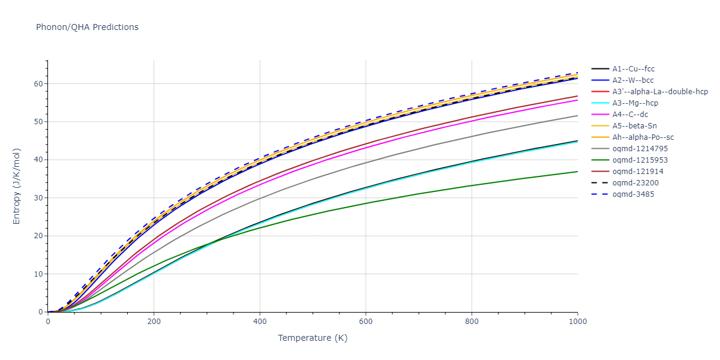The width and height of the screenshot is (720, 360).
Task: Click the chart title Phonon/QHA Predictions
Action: (x=87, y=27)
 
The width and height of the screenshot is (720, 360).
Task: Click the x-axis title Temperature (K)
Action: (x=313, y=338)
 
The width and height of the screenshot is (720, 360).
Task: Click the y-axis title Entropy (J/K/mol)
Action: (x=17, y=186)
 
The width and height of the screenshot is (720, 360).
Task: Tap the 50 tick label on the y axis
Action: (x=39, y=122)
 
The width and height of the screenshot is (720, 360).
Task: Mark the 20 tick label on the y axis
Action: (x=39, y=236)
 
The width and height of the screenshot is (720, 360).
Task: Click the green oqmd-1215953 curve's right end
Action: (x=577, y=172)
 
